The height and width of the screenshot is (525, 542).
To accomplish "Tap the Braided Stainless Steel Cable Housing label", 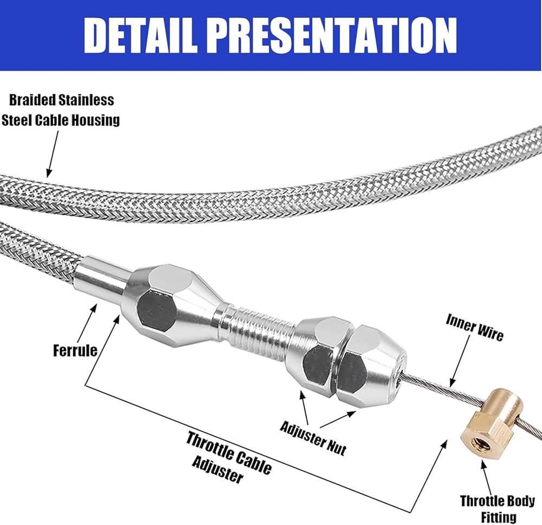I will coord(61,110).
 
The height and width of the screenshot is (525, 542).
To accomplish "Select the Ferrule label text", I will coord(75,350).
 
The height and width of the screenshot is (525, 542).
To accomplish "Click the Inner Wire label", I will coord(474,328).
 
